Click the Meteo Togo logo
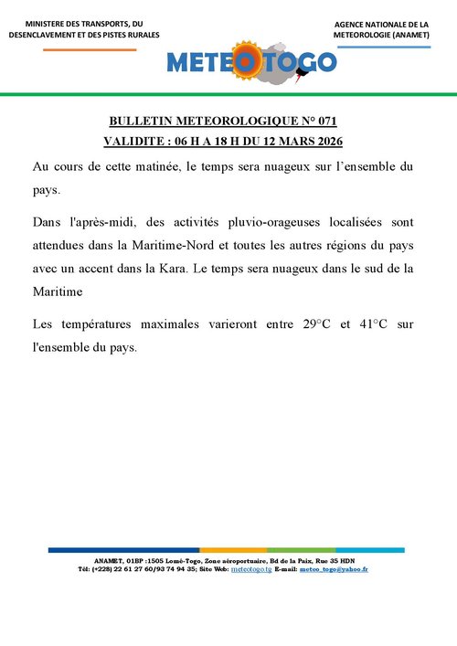click(x=251, y=61)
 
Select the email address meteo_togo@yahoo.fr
click(x=335, y=569)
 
